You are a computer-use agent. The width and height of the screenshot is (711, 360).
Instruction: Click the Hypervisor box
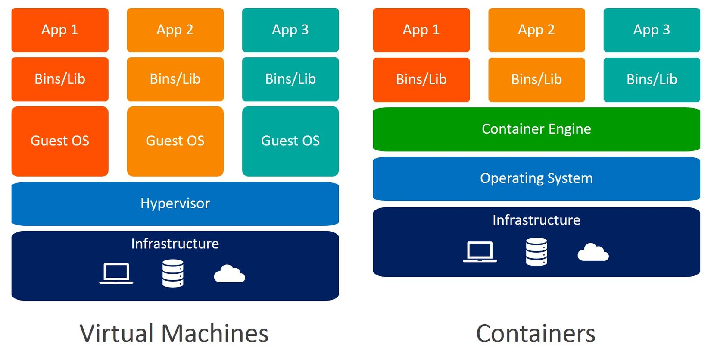click(175, 203)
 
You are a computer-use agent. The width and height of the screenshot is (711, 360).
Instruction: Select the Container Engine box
click(536, 129)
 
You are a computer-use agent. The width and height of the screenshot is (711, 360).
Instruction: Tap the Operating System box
click(536, 178)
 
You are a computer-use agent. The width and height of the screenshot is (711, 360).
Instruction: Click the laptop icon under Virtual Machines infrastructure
click(116, 273)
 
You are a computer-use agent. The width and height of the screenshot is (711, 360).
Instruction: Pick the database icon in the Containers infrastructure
click(536, 252)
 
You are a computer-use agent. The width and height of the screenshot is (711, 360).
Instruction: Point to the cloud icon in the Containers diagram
click(593, 253)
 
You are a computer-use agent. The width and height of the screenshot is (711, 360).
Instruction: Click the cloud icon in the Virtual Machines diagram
click(229, 274)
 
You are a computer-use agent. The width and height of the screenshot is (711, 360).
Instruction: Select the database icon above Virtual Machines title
click(173, 273)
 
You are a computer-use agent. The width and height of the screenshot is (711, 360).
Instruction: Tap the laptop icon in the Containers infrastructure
click(480, 252)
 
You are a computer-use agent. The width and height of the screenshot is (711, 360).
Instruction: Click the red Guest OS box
click(60, 141)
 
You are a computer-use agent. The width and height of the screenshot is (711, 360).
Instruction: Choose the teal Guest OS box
click(290, 141)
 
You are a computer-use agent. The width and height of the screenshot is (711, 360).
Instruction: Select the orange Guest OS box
click(175, 141)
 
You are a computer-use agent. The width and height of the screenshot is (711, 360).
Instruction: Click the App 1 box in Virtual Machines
click(60, 30)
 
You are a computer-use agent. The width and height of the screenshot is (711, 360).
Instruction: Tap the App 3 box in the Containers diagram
click(652, 30)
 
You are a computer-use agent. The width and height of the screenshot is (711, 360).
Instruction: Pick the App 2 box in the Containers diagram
click(536, 30)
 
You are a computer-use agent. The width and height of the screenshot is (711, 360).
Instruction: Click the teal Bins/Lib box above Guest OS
click(290, 79)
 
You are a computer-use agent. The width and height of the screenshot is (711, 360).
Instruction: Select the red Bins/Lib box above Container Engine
click(421, 80)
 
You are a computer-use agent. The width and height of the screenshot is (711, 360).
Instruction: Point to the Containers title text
click(536, 334)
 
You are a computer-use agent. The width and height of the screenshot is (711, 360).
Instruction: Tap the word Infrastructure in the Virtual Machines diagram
click(175, 244)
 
